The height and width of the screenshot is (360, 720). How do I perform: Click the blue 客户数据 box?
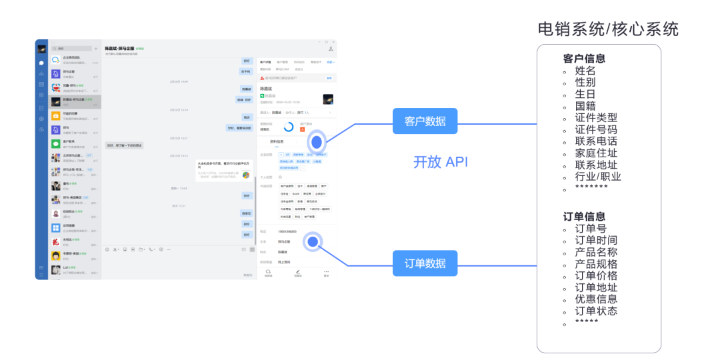[x=425, y=121]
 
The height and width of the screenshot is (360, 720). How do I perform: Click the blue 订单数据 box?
[x=425, y=263]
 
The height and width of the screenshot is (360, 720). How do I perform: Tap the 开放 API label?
[x=441, y=162]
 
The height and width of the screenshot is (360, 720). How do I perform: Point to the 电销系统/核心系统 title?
[x=608, y=29]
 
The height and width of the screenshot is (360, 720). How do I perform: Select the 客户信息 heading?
[x=584, y=59]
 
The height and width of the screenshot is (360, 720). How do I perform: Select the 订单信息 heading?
[x=584, y=217]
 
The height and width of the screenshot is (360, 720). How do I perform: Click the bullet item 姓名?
[x=585, y=71]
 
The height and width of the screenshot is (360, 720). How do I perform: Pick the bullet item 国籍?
[x=585, y=106]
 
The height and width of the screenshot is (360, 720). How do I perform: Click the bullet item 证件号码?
[x=596, y=129]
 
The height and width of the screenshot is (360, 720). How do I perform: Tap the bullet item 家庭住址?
[x=596, y=153]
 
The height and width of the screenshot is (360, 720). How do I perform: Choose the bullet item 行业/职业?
[x=598, y=177]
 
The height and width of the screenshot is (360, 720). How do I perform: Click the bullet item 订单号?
[x=591, y=229]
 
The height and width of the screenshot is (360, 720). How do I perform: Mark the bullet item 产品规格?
[x=596, y=264]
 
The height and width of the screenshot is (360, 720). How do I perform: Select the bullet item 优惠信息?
[x=596, y=299]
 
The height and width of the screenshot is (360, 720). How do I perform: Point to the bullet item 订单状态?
[x=596, y=311]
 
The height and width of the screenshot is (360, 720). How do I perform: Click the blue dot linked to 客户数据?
[x=317, y=142]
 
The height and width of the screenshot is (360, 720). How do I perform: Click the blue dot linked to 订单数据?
[x=312, y=243]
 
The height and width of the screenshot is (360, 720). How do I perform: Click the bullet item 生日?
[x=585, y=94]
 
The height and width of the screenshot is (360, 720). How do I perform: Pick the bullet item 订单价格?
[x=596, y=275]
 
